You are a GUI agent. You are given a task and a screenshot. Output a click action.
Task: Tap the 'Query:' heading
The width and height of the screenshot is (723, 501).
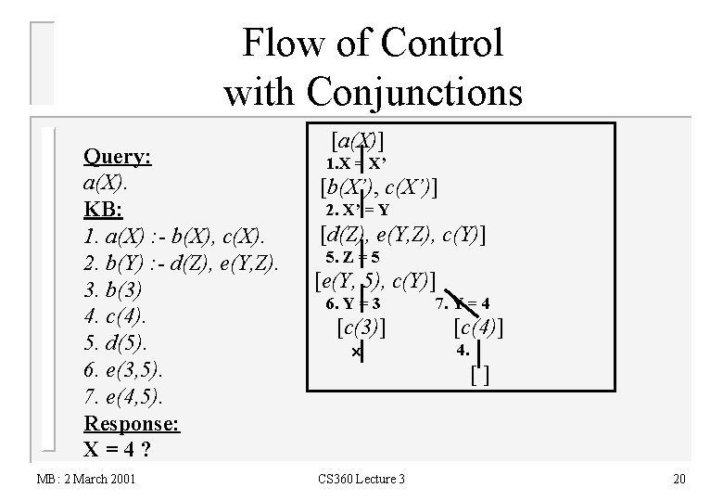[x=118, y=157]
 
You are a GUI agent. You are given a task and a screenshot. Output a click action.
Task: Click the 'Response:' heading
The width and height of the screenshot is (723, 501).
[x=132, y=423]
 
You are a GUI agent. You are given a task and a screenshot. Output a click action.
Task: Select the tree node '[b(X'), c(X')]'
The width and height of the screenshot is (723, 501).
[x=378, y=187]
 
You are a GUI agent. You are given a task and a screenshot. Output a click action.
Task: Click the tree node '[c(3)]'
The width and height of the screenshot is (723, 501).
[x=359, y=327]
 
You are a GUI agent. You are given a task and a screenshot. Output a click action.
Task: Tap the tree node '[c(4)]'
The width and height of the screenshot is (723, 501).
[x=478, y=327]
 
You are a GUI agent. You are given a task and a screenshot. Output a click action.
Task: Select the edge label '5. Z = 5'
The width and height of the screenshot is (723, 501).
[x=352, y=257]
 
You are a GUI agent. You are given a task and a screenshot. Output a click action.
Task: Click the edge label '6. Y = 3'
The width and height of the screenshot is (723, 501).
[x=354, y=303]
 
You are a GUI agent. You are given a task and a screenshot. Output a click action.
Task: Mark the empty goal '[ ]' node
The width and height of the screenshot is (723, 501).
[x=479, y=376]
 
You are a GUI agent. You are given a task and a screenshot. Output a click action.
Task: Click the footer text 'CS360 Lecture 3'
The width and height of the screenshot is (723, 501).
[x=361, y=479]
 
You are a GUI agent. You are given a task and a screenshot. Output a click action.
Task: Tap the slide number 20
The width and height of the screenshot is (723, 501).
[x=679, y=479]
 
